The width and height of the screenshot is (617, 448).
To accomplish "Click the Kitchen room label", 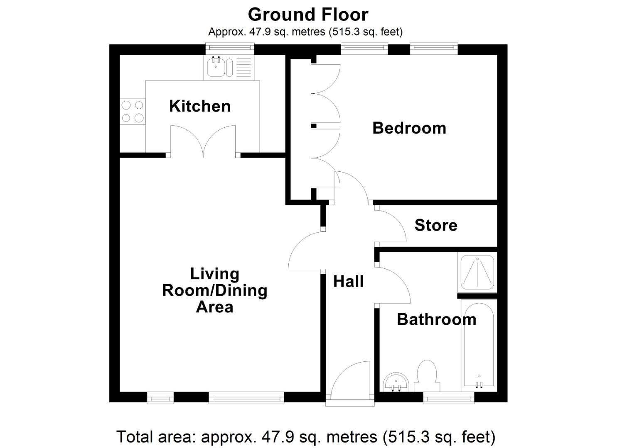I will click(x=199, y=106).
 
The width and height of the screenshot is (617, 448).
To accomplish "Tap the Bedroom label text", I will click(x=409, y=128).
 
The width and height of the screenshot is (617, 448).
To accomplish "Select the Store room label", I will click(x=435, y=225).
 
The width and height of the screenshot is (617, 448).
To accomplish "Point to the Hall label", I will click(x=348, y=281).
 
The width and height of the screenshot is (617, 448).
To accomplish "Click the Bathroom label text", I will click(x=436, y=319).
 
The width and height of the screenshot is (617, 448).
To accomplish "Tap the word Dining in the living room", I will click(x=242, y=290).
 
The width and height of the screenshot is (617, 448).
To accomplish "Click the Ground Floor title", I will click(x=308, y=15).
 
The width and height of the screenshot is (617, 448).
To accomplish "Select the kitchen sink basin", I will click(x=216, y=67).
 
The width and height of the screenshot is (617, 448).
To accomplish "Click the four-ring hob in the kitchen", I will click(x=133, y=112).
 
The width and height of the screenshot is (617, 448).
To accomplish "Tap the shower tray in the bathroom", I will click(x=477, y=272).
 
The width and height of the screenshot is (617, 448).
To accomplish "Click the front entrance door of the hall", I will click(x=350, y=382).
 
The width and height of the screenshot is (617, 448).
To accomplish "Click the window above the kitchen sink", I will click(x=230, y=49).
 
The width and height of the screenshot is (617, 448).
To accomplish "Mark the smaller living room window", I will click(x=160, y=398).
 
